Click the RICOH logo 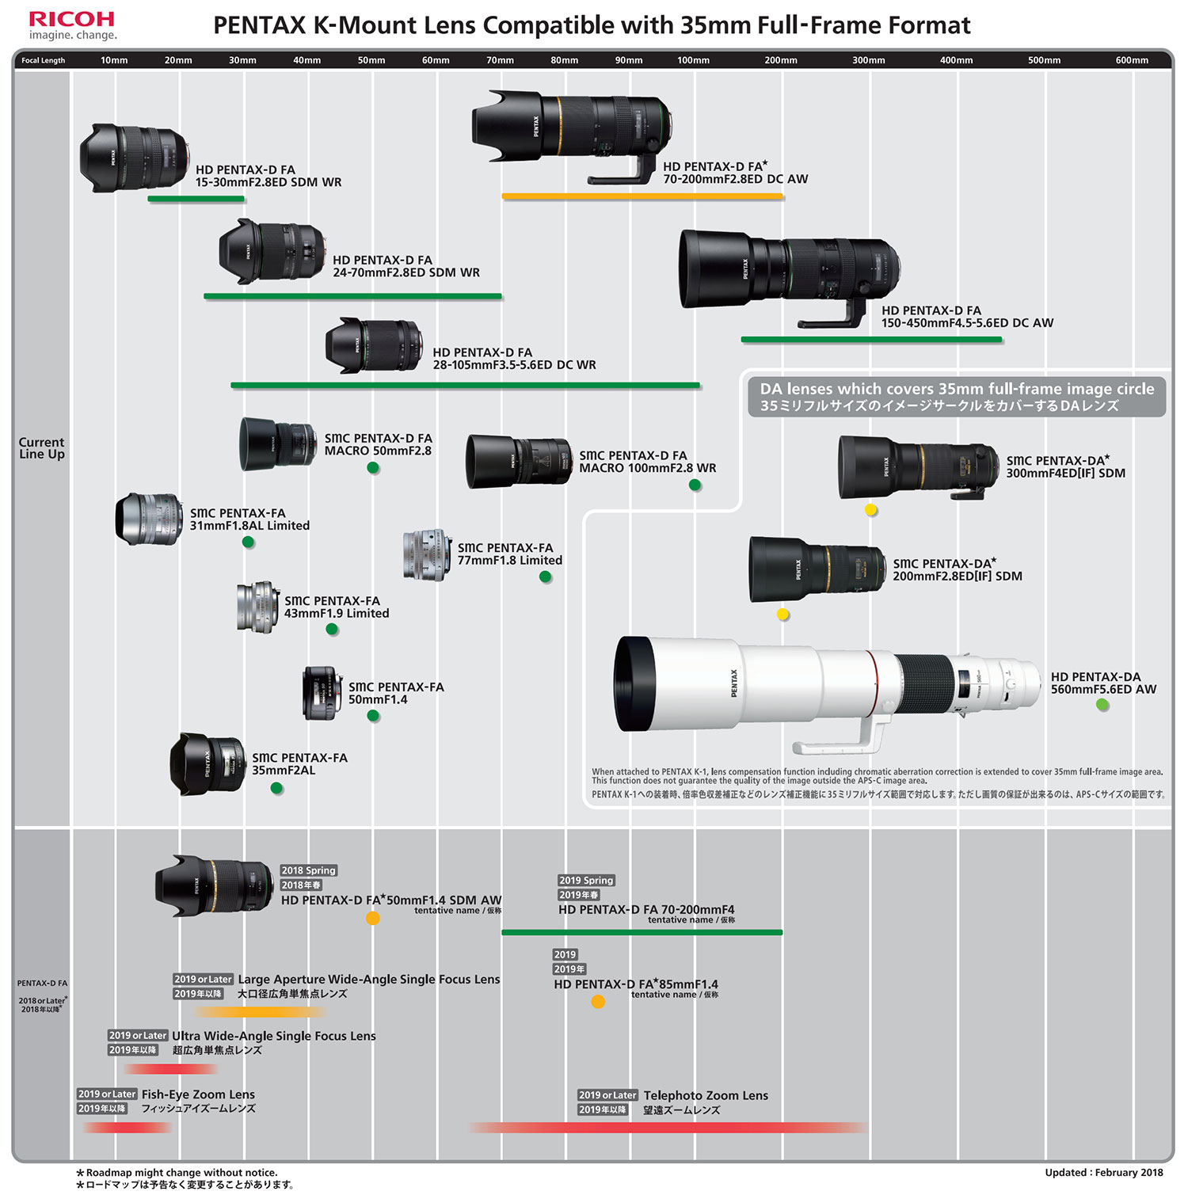tap(72, 20)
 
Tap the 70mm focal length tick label tap(500, 60)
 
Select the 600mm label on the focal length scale tap(1132, 60)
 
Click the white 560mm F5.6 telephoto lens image tap(824, 685)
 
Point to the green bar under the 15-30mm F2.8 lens tap(196, 199)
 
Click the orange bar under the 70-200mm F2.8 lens tap(642, 196)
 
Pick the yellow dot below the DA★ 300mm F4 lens tap(870, 510)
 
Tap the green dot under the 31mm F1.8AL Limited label tap(248, 542)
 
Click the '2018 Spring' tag tap(308, 870)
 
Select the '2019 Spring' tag tap(586, 881)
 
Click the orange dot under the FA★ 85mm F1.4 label tap(598, 1002)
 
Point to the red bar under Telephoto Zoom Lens tap(668, 1127)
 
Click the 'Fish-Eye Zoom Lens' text tap(198, 1094)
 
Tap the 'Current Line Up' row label tap(42, 448)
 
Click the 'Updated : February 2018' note tap(1103, 1173)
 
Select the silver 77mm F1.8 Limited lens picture tap(427, 554)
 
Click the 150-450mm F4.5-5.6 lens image tap(788, 273)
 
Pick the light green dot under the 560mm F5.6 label tap(1102, 704)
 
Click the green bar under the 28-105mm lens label tap(465, 386)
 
